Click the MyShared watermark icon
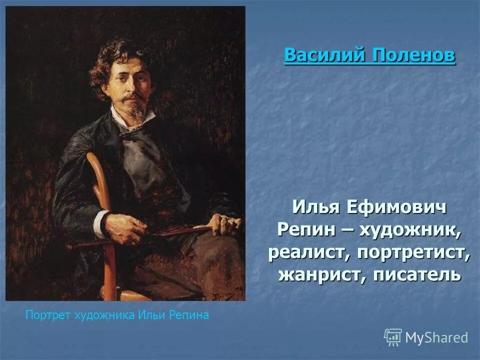[x=393, y=337]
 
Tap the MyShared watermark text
[x=436, y=337]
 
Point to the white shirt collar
[x=125, y=120]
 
